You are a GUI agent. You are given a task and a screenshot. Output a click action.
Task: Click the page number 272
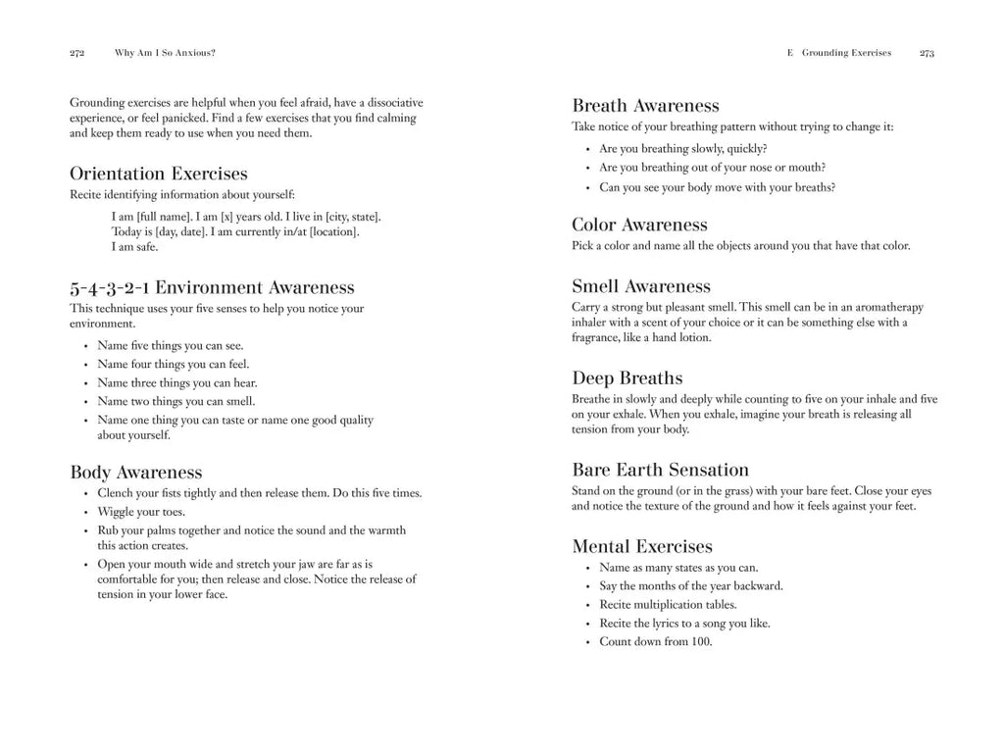(x=77, y=53)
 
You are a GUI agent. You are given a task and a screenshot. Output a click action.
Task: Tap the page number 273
(x=927, y=53)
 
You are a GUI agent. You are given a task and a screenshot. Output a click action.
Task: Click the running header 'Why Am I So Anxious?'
(x=165, y=53)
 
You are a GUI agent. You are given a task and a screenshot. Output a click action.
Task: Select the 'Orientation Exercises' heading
(x=159, y=174)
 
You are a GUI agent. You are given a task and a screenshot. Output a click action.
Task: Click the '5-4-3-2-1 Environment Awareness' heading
(x=212, y=287)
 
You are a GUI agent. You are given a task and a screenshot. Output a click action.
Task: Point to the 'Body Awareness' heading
(x=136, y=473)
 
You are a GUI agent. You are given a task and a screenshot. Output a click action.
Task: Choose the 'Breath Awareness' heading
(x=645, y=106)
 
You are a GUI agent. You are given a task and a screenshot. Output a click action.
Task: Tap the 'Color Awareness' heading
(x=639, y=225)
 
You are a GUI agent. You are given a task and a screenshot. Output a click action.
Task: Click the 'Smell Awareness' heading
(x=641, y=286)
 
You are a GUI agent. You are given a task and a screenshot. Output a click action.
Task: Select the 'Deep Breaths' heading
(x=627, y=377)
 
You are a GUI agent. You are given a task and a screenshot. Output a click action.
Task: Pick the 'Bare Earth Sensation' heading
(x=660, y=470)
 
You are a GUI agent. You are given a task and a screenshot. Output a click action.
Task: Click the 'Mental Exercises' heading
(x=642, y=546)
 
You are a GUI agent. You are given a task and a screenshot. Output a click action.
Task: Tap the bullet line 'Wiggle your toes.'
(x=141, y=512)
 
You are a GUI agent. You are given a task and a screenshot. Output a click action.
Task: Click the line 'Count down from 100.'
(x=656, y=642)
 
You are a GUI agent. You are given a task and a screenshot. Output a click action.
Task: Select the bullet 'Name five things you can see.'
(x=171, y=345)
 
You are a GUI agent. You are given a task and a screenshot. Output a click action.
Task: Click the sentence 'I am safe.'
(x=135, y=247)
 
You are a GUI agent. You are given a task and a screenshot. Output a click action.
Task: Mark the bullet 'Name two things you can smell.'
(x=176, y=401)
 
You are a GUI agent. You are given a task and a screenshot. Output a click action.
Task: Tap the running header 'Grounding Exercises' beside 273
(x=846, y=53)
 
